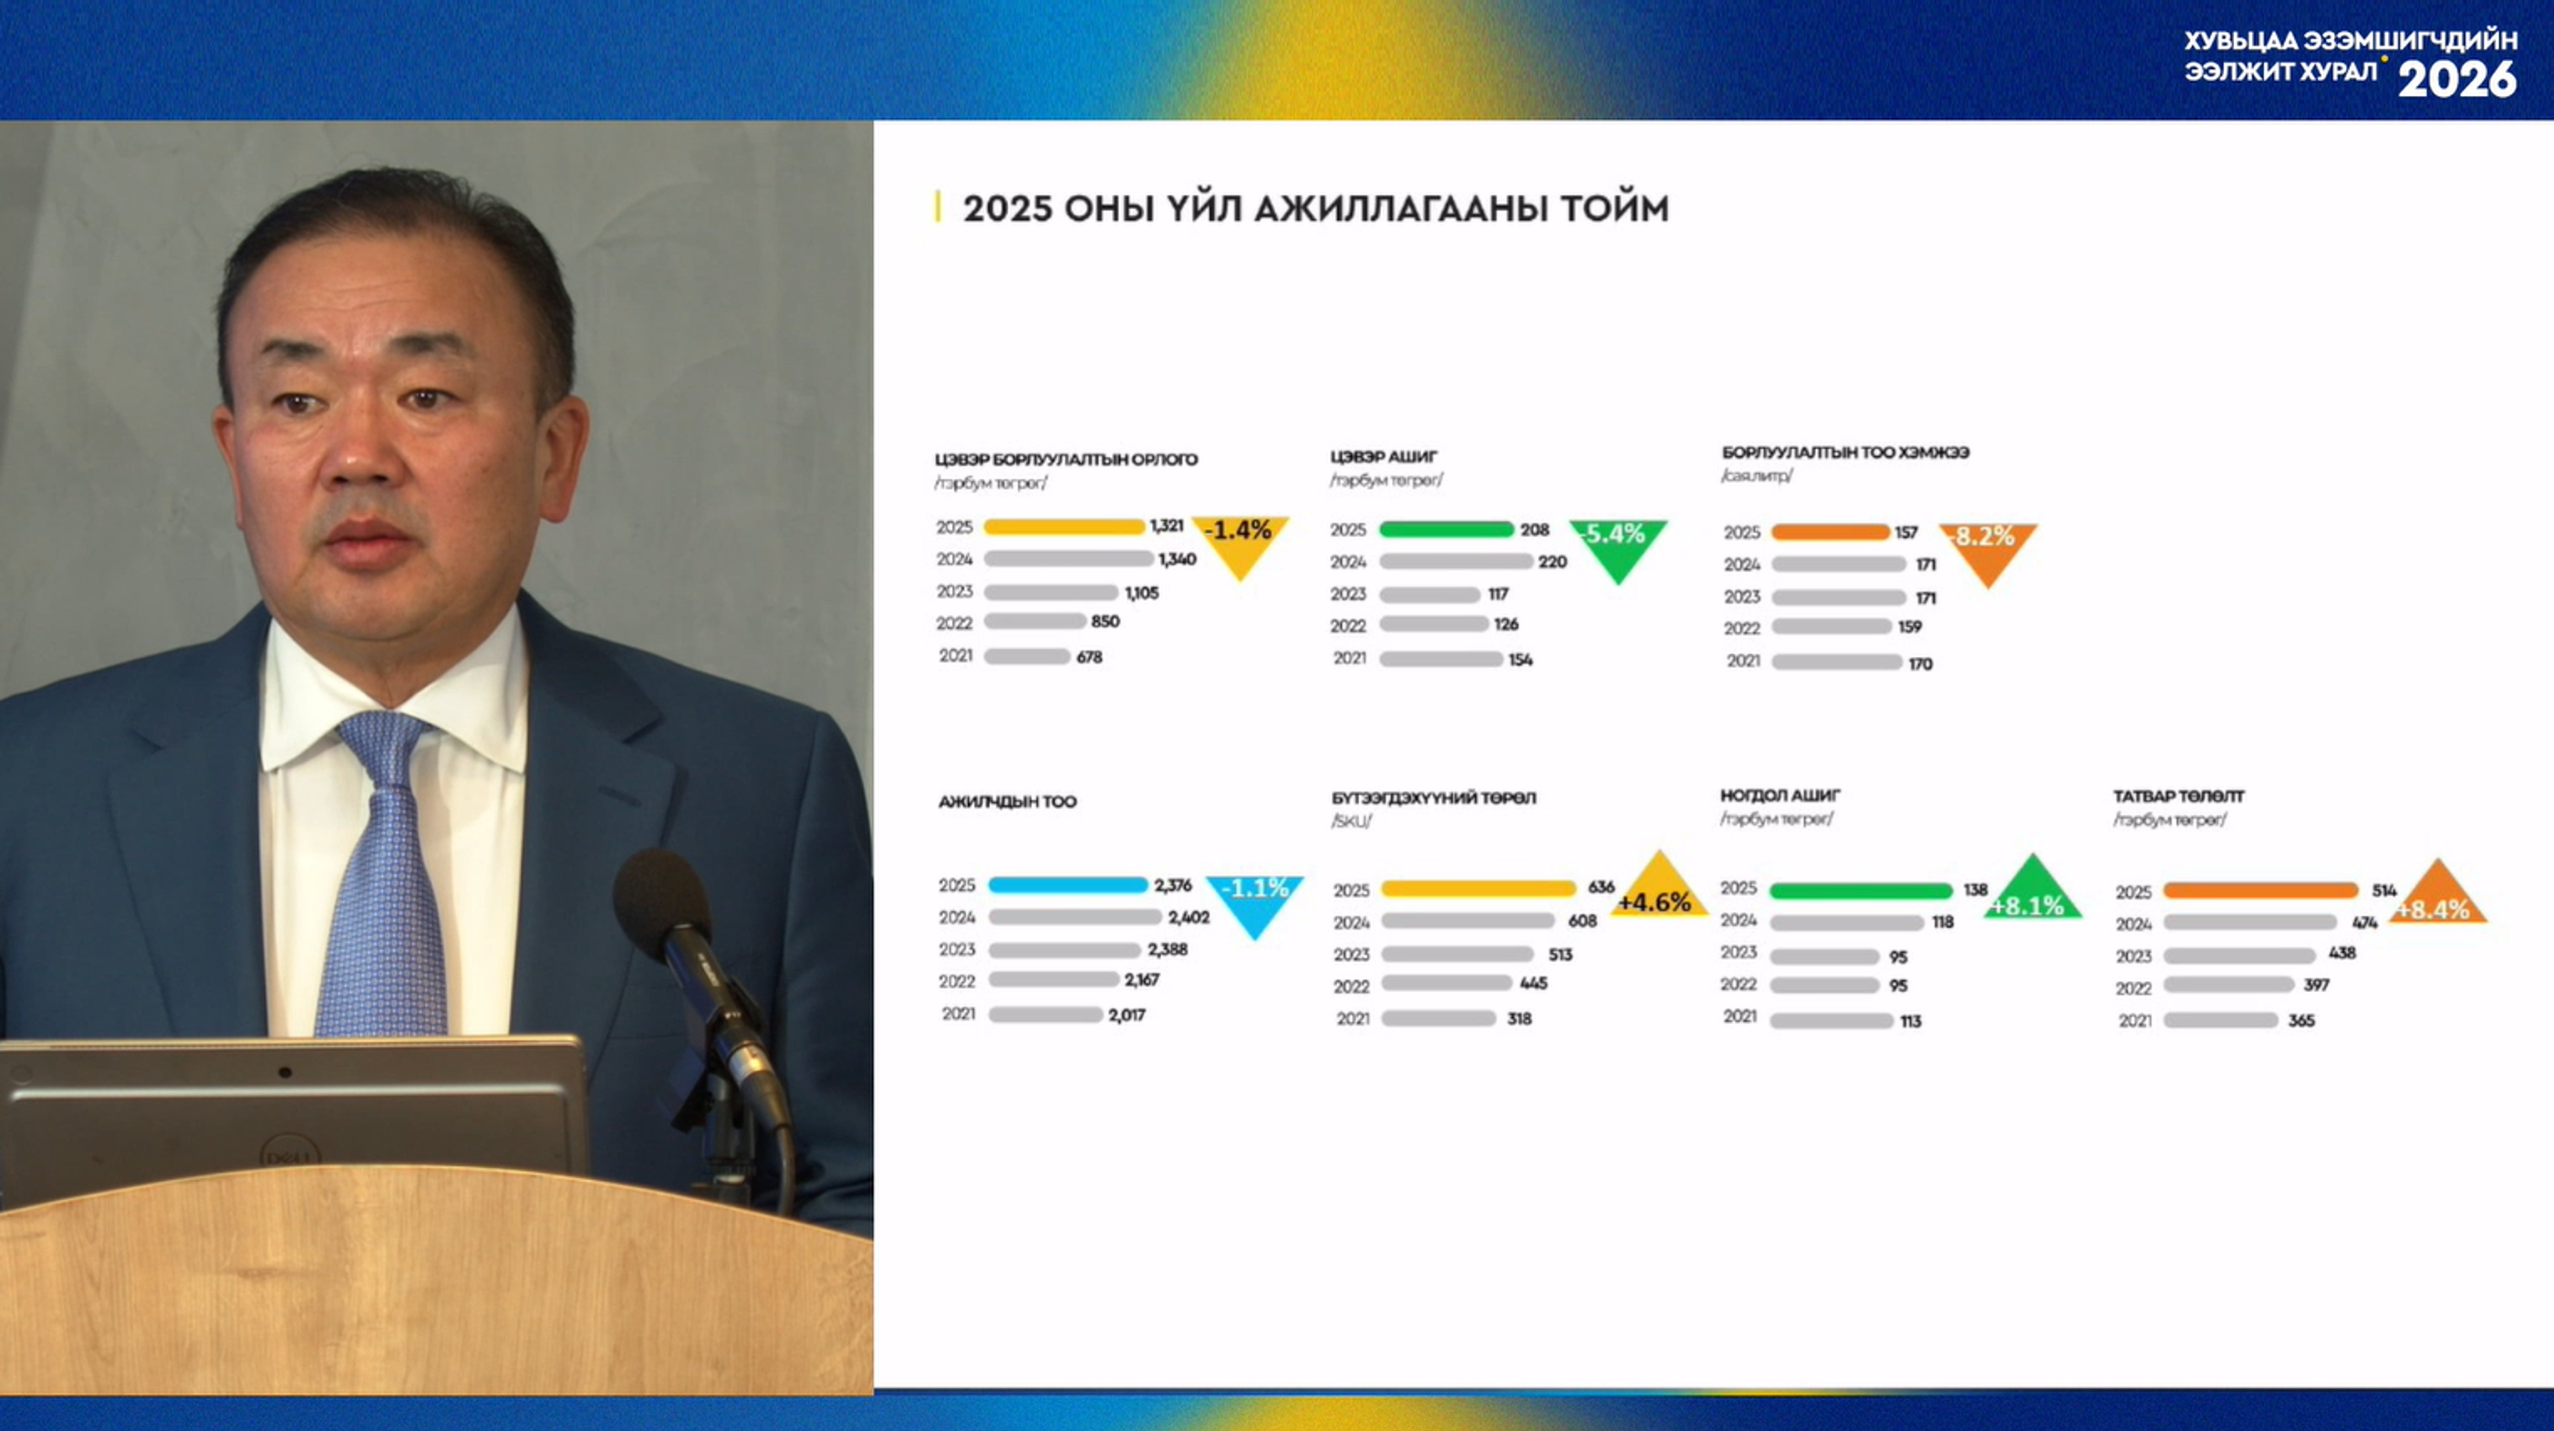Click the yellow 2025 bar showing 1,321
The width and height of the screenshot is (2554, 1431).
click(x=1064, y=527)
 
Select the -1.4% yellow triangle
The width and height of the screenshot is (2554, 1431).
click(x=1241, y=542)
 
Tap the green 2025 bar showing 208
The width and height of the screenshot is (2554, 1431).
click(x=1447, y=529)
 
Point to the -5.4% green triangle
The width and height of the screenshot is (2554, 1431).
click(x=1618, y=547)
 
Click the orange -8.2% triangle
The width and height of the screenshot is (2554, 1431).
click(x=1988, y=550)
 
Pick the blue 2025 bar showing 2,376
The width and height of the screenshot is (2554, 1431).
click(x=1068, y=885)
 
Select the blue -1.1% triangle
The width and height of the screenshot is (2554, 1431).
click(x=1254, y=903)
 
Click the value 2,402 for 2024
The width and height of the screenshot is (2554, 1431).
click(x=1189, y=917)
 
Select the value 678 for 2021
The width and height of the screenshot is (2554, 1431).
click(x=1090, y=656)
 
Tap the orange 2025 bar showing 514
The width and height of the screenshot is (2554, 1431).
click(x=2260, y=891)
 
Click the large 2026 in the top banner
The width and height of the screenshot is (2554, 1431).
click(x=2456, y=79)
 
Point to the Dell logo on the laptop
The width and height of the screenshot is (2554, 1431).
click(x=289, y=1155)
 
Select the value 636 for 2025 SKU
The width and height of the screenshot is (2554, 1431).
click(x=1601, y=886)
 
